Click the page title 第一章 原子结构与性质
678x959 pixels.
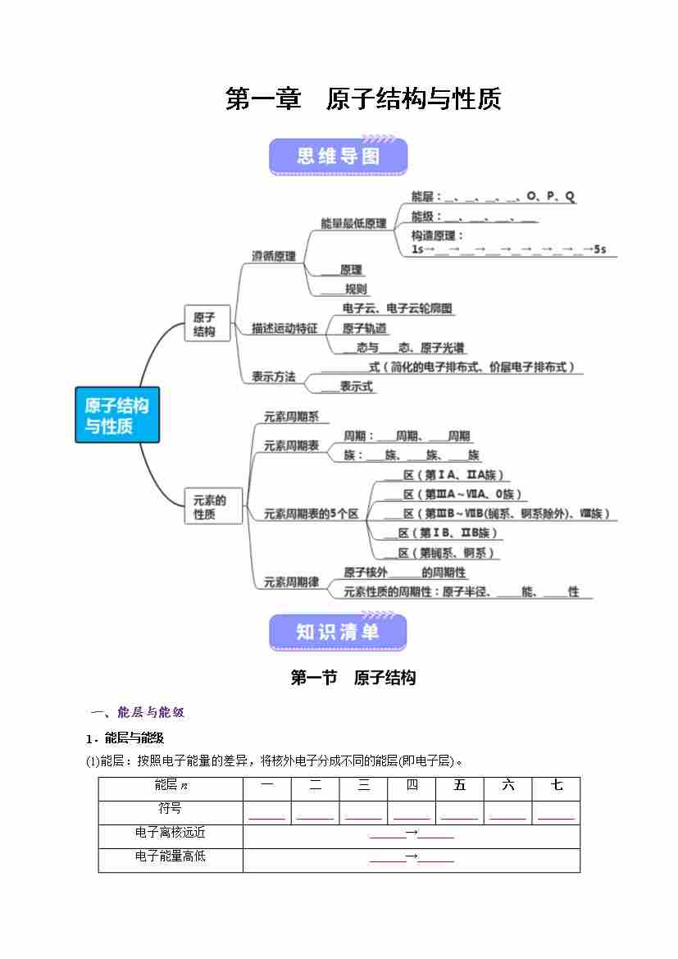click(x=363, y=99)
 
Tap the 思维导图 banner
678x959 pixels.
click(x=338, y=156)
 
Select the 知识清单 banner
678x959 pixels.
click(x=338, y=632)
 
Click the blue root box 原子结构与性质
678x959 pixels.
click(x=117, y=415)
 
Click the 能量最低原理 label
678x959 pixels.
click(x=353, y=223)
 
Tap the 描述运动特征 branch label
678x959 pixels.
click(x=284, y=328)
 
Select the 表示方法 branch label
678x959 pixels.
click(x=274, y=377)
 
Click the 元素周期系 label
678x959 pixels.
click(x=291, y=417)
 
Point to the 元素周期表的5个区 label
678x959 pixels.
click(x=312, y=514)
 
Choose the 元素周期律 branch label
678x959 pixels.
click(x=291, y=582)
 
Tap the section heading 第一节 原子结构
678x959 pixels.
click(x=353, y=678)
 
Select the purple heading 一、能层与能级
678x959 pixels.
click(x=143, y=712)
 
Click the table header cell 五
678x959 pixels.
click(x=459, y=786)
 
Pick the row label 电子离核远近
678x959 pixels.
click(x=171, y=833)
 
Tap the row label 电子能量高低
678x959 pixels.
click(x=171, y=856)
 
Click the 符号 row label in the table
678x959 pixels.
click(x=171, y=809)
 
